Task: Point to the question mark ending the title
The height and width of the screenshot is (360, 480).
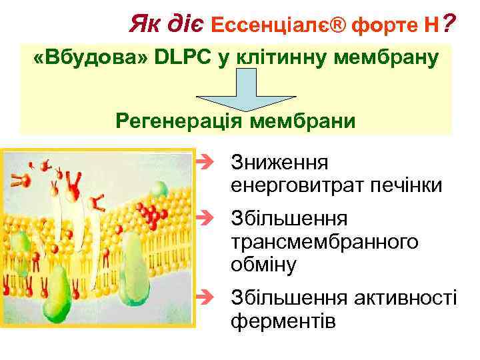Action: coord(449,25)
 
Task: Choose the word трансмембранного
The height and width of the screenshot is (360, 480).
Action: coord(325,241)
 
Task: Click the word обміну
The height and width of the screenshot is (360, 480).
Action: coord(263,264)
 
